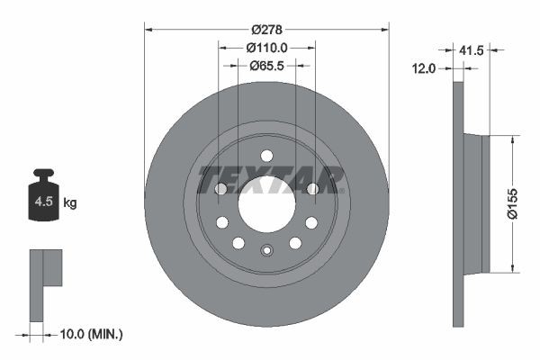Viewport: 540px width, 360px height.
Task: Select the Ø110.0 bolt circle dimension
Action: [266, 46]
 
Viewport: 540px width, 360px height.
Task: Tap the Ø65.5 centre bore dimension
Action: [266, 65]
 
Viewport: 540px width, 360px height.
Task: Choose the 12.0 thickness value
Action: [424, 67]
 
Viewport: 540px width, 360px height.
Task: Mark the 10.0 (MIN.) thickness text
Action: [89, 334]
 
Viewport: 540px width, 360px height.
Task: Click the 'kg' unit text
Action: [69, 203]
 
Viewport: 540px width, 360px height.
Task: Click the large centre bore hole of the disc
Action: [266, 203]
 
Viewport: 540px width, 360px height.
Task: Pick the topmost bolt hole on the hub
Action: [266, 156]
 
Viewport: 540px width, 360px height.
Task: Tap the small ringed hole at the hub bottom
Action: [266, 251]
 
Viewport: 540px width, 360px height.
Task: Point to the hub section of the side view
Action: [474, 203]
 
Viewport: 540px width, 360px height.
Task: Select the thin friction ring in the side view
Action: [457, 203]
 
